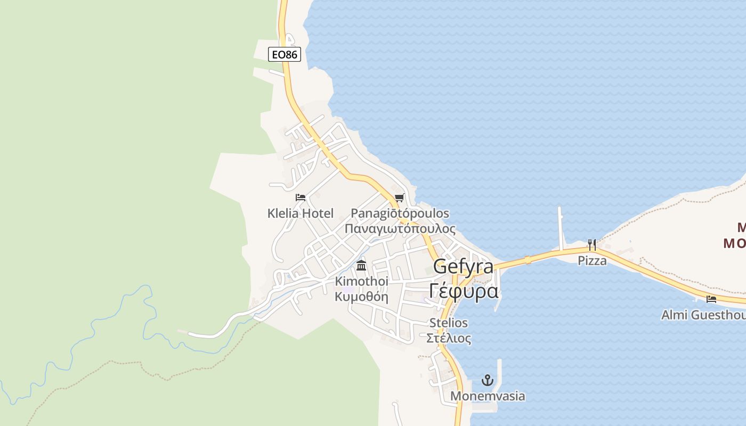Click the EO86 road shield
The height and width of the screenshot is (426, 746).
coord(284,54)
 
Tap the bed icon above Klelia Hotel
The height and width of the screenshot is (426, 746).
coord(301,198)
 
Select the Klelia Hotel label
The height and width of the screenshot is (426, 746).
coord(301,214)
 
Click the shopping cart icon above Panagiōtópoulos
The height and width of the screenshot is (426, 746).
coord(400,198)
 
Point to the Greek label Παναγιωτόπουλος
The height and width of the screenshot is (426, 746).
coord(400,229)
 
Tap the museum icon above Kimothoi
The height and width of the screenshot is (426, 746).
coord(361,265)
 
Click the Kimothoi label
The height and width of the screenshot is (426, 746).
coord(361,281)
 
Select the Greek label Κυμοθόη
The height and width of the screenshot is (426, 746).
coord(361,297)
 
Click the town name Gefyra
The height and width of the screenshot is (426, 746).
coord(463,266)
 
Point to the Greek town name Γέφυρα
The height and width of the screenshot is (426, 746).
coord(463,291)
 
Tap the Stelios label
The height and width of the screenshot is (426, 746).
coord(449,323)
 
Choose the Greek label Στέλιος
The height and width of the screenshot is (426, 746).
coord(449,338)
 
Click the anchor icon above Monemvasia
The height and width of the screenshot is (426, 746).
coord(487,380)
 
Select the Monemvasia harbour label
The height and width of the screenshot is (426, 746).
coord(488,396)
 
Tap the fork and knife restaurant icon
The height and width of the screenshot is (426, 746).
coord(592,245)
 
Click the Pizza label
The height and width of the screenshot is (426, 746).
coord(592,261)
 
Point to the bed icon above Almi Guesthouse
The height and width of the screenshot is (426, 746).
coord(711,299)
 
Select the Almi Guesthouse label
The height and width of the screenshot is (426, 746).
coord(703,315)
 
